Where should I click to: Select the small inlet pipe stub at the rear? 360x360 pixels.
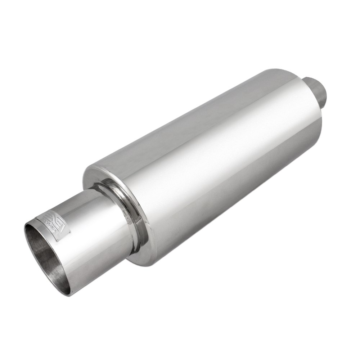click(x=317, y=86)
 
